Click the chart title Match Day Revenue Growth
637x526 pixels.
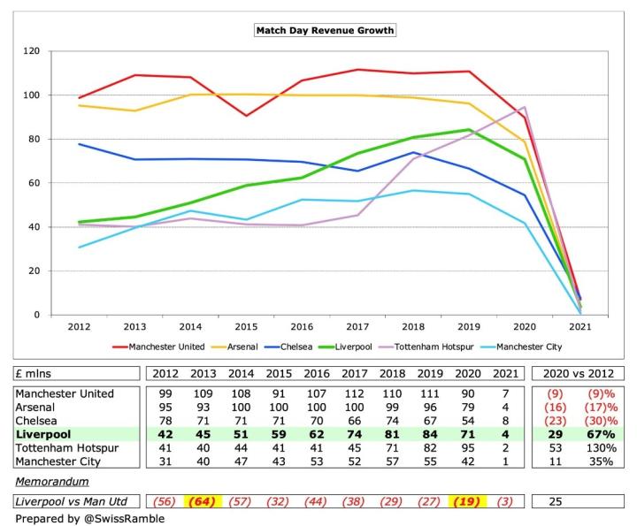coord(324,30)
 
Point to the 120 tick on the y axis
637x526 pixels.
coord(32,51)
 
